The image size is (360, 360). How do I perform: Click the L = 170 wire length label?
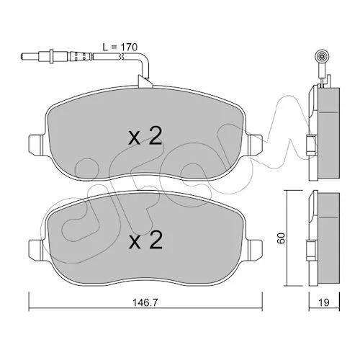(x=120, y=47)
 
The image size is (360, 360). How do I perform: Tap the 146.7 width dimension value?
(x=145, y=302)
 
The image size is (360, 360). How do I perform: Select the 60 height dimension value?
(x=281, y=238)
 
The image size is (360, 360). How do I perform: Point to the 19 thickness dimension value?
(x=324, y=302)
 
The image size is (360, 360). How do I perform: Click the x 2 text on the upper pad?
(x=145, y=136)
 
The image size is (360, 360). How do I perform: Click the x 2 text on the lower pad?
(x=145, y=240)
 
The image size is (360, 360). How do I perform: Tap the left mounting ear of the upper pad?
(x=36, y=145)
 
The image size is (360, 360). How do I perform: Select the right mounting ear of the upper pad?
(x=255, y=145)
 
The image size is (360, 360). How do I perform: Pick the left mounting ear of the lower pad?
(x=36, y=250)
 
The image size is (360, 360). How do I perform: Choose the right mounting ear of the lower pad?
(x=255, y=250)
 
